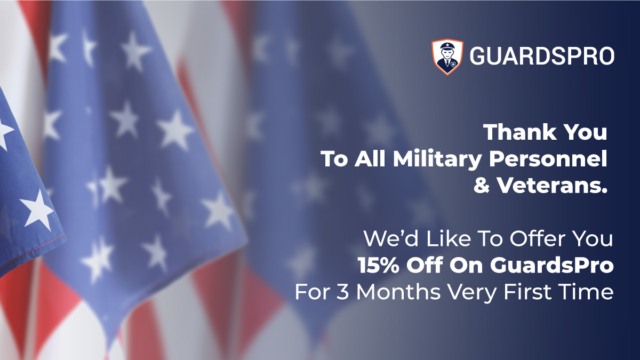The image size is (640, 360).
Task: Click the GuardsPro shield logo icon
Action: (447, 56)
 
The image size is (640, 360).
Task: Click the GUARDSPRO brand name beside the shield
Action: (541, 56)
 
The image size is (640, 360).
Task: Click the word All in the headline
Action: (368, 159)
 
